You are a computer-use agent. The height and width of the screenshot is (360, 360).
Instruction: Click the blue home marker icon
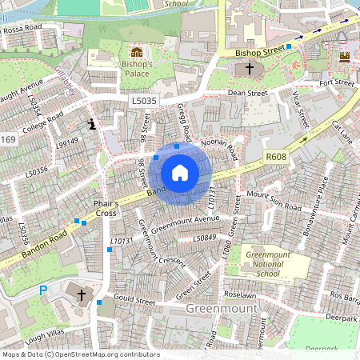click(x=180, y=172)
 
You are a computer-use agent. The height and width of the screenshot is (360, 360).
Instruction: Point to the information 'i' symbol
click(x=93, y=124)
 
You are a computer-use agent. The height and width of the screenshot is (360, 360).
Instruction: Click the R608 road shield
click(x=275, y=158)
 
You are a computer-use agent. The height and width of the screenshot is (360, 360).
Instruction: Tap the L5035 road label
click(x=145, y=100)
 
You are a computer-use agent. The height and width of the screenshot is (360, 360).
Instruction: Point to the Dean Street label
click(x=246, y=94)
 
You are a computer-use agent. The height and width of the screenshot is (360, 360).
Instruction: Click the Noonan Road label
click(x=218, y=144)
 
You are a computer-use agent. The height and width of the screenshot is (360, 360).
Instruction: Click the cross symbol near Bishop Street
click(x=249, y=70)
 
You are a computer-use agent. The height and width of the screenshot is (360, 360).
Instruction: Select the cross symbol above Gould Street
click(x=81, y=294)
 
